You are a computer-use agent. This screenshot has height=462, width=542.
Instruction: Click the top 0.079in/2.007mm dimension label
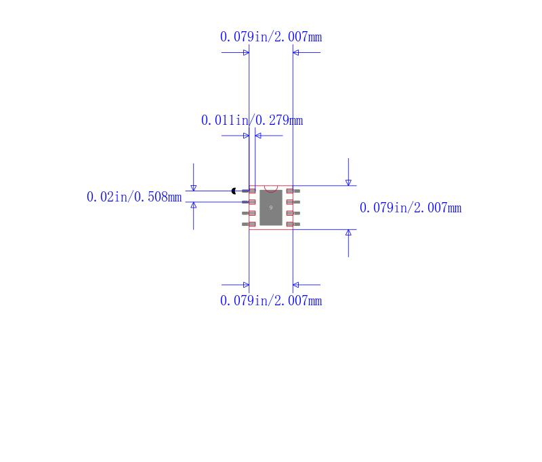tap(270, 37)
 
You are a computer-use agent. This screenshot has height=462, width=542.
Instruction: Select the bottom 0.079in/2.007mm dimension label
tap(270, 301)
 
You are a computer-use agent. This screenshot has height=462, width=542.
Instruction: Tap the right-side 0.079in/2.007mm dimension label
tap(410, 208)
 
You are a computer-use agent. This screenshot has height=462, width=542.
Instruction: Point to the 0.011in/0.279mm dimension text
tap(251, 120)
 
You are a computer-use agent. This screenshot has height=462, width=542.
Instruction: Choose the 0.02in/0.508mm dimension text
tap(134, 197)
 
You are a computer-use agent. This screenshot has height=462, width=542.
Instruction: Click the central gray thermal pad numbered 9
tap(271, 208)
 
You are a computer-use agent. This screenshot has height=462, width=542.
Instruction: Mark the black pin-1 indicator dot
tap(234, 191)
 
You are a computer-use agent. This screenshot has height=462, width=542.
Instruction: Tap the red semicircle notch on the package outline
tap(271, 188)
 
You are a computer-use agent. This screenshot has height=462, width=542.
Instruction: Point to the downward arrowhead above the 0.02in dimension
tap(194, 188)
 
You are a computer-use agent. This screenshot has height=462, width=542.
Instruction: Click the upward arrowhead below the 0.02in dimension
tap(194, 205)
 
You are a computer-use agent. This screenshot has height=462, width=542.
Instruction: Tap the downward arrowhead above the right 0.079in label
tap(348, 182)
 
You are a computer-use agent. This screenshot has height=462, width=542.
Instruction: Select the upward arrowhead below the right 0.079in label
tap(348, 233)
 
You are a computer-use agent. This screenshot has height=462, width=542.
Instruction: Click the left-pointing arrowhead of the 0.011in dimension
tap(258, 136)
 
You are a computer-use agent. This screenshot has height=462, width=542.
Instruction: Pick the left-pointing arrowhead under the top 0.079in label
tap(296, 52)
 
